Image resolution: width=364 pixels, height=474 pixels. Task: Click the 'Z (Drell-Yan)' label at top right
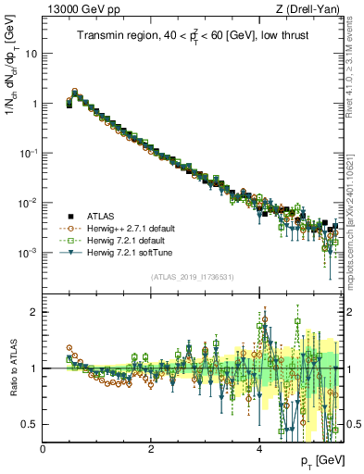tap(310, 9)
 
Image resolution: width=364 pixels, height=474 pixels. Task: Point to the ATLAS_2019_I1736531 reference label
tap(192, 275)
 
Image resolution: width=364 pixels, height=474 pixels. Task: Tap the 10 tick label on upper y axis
tap(30, 54)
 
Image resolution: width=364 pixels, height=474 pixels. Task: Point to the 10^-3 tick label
tap(28, 253)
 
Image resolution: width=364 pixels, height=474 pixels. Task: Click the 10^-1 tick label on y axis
tap(28, 154)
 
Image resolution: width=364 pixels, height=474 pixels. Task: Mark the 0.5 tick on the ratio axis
tap(28, 424)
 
